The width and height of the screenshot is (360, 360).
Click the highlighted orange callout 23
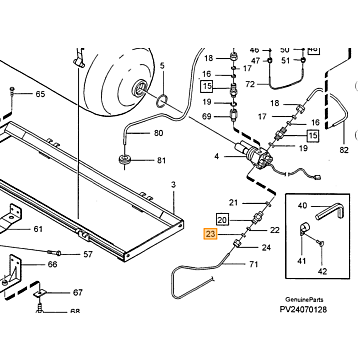[x=211, y=234]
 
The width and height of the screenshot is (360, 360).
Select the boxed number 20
[x=223, y=220]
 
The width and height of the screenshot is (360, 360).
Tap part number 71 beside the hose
[x=254, y=264]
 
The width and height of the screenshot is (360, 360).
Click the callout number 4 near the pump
[x=217, y=156]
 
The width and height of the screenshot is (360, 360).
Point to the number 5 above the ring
[x=162, y=66]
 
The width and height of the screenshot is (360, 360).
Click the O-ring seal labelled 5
[x=162, y=101]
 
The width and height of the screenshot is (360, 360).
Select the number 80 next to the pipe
[x=159, y=133]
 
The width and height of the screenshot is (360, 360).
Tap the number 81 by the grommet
[x=161, y=161]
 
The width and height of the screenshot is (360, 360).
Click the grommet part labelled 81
[x=124, y=160]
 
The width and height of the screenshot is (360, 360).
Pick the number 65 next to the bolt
[x=40, y=94]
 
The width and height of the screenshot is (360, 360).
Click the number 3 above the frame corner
[x=173, y=185]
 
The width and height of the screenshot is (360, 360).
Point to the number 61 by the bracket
[x=38, y=229]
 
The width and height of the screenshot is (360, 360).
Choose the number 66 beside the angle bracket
[x=52, y=264]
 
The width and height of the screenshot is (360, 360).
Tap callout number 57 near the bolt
[x=88, y=254]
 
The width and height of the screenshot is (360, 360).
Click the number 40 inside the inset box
[x=302, y=206]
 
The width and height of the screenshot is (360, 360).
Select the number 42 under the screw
[x=322, y=272]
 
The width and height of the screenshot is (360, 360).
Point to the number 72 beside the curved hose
[x=250, y=84]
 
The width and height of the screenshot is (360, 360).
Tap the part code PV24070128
[x=303, y=310]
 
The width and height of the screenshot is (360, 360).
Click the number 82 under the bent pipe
[x=344, y=150]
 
